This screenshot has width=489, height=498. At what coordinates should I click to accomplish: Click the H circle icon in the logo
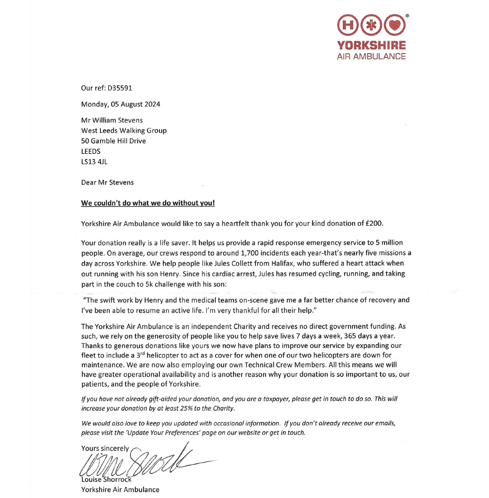(x=347, y=26)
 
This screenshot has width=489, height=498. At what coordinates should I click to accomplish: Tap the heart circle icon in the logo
(x=395, y=26)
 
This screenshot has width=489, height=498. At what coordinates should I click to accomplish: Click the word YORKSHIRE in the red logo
(x=371, y=45)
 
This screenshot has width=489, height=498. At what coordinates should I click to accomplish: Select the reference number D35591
(x=120, y=88)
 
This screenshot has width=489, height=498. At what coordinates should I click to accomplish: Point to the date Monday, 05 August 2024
(x=121, y=104)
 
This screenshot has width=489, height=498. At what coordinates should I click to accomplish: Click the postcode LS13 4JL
(x=94, y=161)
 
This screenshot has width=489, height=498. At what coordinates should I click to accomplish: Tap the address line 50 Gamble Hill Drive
(x=113, y=141)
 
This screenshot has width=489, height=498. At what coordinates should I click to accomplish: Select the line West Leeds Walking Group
(x=124, y=130)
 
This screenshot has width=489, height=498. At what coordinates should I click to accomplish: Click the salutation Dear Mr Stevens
(x=108, y=182)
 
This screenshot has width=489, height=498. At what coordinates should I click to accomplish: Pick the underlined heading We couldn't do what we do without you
(x=148, y=203)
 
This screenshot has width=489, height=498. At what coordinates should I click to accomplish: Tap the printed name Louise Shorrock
(x=106, y=480)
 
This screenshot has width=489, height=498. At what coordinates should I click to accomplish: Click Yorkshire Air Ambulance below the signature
(x=120, y=490)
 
